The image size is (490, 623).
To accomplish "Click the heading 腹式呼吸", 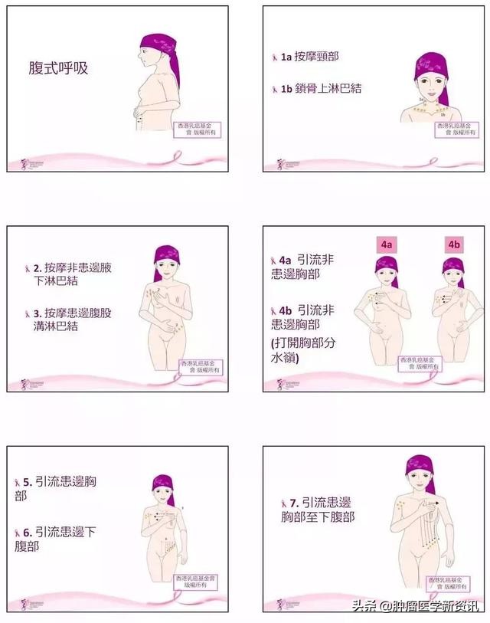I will click(58, 68).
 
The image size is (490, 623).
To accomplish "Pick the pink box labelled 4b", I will click(454, 245).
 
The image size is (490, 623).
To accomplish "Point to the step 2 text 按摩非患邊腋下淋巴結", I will click(66, 277).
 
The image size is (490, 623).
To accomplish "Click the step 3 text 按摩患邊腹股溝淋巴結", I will click(66, 319).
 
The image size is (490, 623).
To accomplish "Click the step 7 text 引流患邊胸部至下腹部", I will click(322, 510).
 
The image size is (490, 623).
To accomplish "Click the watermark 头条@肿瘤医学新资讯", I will click(415, 608).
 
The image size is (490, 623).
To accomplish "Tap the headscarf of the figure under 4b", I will click(452, 265).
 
